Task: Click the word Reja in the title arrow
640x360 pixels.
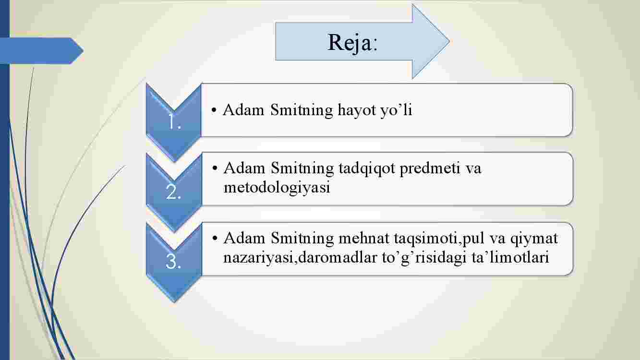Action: pos(349,43)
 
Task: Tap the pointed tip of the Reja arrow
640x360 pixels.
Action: pos(450,41)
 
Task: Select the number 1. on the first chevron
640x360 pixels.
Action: pos(174,122)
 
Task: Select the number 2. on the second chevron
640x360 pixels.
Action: pos(173,192)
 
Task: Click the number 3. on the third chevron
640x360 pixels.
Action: pos(173,262)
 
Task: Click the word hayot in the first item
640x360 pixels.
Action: pos(357,110)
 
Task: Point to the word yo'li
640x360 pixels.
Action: pos(396,110)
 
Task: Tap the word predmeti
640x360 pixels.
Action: pos(430,168)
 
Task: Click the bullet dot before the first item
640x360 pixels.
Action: pos(214,110)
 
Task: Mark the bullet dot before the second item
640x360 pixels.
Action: pos(215,168)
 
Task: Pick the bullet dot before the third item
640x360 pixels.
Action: pos(215,238)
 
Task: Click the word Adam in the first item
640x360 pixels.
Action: pos(243,110)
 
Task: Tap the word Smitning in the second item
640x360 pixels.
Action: pos(302,168)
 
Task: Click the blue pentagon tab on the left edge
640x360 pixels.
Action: pos(42,51)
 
